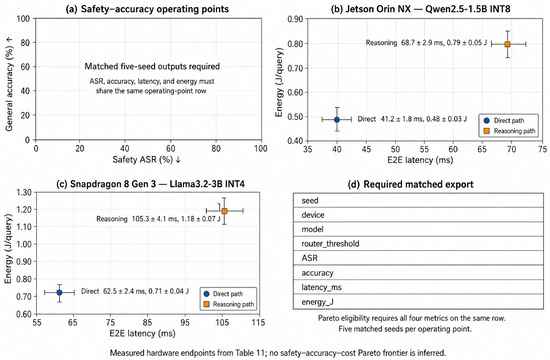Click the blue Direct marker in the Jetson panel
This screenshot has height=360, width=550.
point(337,120)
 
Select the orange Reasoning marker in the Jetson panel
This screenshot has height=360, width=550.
point(507,44)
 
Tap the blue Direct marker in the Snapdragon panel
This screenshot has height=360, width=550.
point(59,293)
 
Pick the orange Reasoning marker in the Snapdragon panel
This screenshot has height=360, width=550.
point(224,211)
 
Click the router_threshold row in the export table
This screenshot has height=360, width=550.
point(418,244)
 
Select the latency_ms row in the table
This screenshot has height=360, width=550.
point(418,287)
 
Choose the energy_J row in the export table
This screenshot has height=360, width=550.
point(418,302)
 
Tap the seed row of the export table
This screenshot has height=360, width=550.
point(418,200)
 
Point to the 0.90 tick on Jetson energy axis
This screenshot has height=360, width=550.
point(295,19)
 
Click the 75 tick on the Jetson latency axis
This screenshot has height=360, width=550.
point(542,149)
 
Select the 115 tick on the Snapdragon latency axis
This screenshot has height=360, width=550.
point(259,322)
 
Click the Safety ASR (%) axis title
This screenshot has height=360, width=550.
point(146,160)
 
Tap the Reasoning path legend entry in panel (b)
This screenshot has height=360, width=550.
point(510,131)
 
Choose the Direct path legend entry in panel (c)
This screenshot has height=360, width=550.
point(224,294)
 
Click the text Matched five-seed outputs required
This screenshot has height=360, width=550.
point(152,66)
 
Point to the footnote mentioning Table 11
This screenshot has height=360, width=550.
point(278,353)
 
